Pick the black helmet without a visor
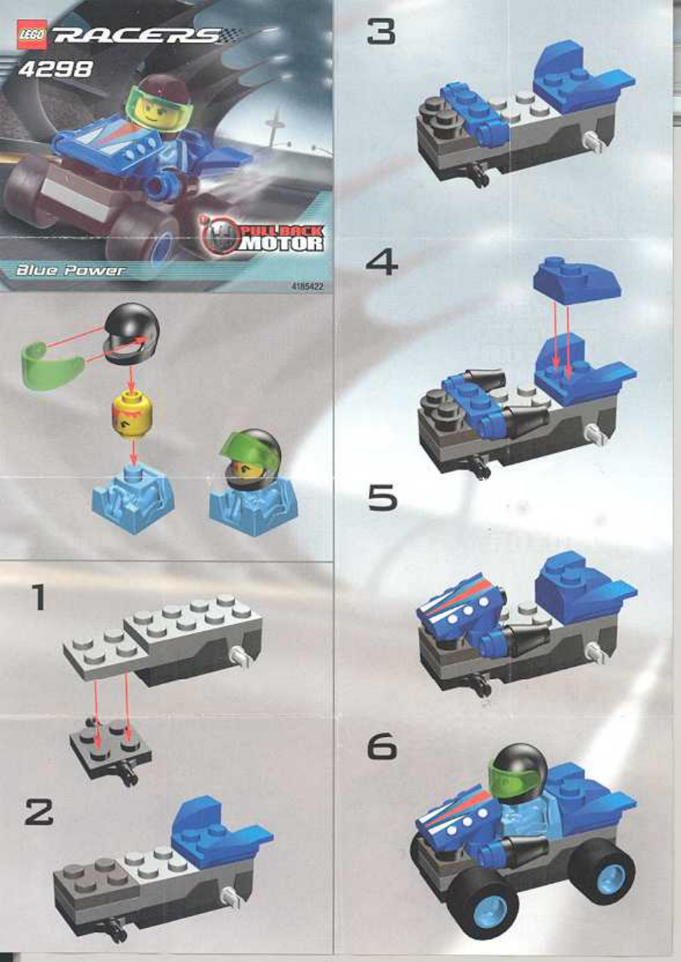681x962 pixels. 132,334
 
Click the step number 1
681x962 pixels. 39,596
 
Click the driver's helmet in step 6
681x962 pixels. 518,770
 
